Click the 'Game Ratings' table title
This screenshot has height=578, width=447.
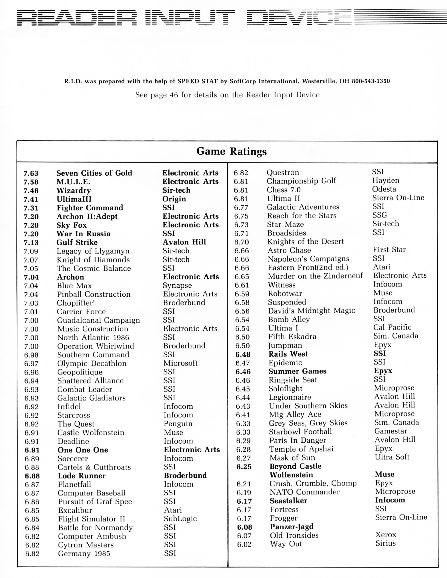(x=232, y=151)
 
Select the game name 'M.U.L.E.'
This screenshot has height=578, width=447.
(x=73, y=182)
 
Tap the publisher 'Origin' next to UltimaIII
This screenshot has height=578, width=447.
(x=174, y=199)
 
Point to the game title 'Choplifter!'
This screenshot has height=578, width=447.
(x=76, y=303)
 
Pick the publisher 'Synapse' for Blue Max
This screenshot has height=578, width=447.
(x=177, y=286)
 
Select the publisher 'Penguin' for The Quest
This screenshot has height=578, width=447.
(x=178, y=424)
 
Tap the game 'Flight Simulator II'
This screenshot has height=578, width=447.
(x=92, y=519)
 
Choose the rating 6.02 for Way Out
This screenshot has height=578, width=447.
(x=244, y=545)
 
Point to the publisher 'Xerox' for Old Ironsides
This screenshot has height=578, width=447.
(x=386, y=535)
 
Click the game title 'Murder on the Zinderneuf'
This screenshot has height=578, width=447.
(x=315, y=276)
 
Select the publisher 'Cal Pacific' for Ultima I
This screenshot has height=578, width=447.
(x=392, y=327)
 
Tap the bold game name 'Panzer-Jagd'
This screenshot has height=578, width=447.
(x=292, y=527)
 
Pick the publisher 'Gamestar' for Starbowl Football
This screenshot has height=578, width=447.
(x=391, y=431)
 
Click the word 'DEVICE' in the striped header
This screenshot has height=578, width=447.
(x=299, y=18)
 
